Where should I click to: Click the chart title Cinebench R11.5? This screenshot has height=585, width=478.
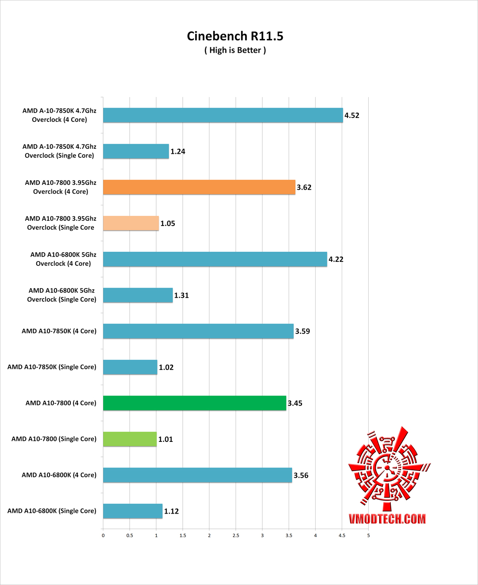235,36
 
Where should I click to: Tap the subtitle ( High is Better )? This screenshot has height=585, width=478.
235,50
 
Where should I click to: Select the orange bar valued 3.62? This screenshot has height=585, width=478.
199,187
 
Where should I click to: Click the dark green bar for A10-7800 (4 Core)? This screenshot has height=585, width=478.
195,403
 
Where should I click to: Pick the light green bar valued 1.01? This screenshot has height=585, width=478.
130,439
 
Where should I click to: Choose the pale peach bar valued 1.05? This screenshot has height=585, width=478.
131,223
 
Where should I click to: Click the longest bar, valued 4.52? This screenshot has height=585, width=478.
223,115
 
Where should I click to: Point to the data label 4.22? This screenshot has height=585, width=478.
336,259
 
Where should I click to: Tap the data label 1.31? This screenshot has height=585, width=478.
181,295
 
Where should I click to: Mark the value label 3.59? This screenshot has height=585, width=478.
302,331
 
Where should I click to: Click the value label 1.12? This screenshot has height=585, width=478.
171,511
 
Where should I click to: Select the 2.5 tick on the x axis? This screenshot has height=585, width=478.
236,535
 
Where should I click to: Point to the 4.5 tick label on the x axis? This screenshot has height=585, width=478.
342,535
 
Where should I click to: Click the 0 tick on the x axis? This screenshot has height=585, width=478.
103,535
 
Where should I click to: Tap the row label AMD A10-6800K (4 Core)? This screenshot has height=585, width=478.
59,475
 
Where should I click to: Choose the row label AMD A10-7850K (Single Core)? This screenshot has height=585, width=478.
52,367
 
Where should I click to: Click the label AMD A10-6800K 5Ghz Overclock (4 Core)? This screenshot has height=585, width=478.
63,259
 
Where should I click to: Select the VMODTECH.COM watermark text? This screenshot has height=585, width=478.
387,519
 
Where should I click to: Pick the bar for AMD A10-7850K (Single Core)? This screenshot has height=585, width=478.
130,367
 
